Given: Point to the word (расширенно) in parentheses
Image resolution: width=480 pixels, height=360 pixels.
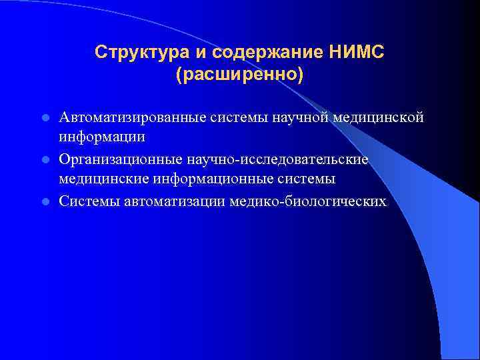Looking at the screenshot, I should point(239,74).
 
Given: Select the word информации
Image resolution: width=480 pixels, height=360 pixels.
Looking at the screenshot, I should point(101,137).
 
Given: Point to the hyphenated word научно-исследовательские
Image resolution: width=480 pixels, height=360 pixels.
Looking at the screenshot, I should point(279,159).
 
